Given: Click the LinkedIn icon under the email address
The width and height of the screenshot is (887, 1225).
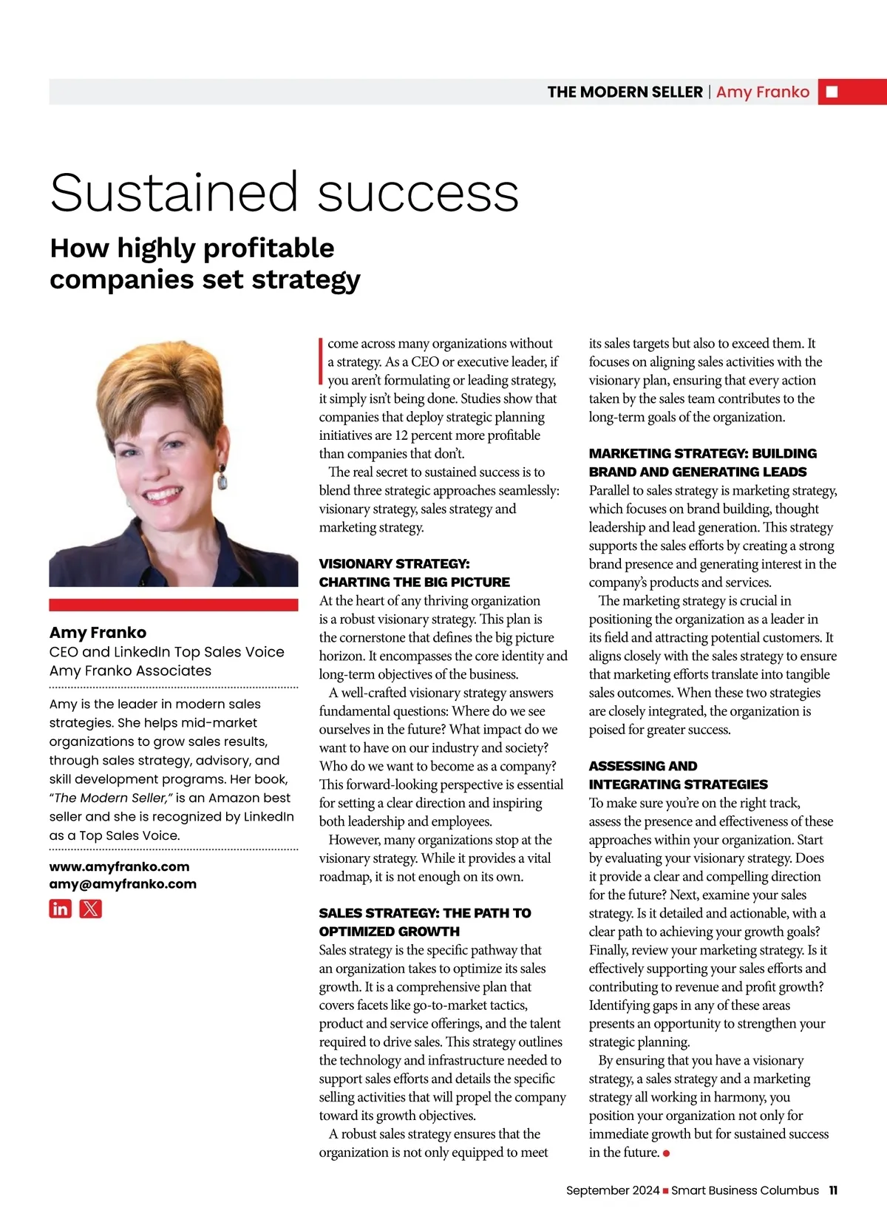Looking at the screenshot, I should (x=61, y=909).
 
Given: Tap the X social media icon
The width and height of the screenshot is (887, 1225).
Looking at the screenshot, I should (x=91, y=909).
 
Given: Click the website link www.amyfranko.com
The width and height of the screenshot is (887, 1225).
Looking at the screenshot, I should (x=119, y=866).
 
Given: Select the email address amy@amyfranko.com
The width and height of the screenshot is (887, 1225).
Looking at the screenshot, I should (x=123, y=884).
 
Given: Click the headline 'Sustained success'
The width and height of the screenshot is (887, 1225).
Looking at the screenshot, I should (x=284, y=193).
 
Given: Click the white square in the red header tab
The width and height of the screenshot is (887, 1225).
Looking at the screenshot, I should (x=832, y=92).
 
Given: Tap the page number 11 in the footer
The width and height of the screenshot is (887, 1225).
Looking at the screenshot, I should (x=833, y=1190).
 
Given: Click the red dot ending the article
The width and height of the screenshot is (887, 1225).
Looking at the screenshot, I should (x=667, y=1153).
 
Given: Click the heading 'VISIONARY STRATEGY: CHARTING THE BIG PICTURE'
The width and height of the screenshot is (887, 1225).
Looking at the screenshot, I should (x=414, y=573).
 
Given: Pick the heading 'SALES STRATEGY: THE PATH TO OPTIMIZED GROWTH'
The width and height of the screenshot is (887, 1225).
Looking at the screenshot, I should (x=424, y=922).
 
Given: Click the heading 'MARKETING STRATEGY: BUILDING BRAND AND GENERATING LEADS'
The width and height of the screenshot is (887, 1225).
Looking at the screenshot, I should (x=702, y=462).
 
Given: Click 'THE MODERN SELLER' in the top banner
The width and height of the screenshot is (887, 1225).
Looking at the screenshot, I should (x=625, y=92).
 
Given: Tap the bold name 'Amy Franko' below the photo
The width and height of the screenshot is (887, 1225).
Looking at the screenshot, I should (x=98, y=632).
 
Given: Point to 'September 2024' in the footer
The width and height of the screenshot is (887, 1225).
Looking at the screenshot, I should (x=612, y=1190).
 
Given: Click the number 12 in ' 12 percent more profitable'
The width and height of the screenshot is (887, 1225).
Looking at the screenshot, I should (x=401, y=435).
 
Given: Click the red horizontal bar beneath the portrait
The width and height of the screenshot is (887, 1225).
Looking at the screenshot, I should (x=174, y=605).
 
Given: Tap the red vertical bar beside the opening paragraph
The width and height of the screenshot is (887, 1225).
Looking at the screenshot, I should (x=321, y=362).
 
